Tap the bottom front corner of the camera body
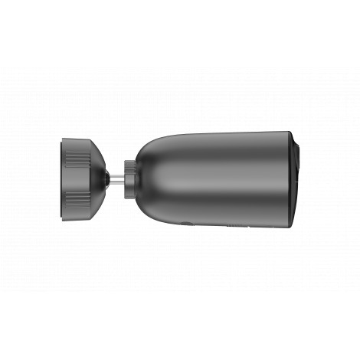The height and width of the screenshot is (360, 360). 288,227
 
